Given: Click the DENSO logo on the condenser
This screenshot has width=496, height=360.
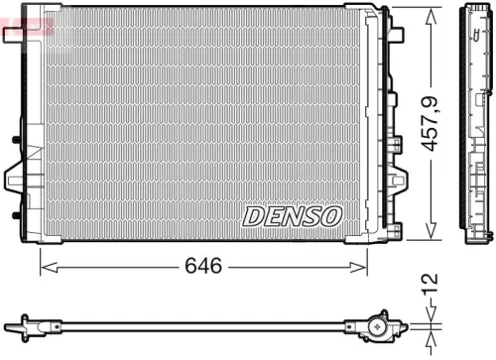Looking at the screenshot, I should pyautogui.click(x=293, y=215).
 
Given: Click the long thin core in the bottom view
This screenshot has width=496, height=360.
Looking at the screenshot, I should pyautogui.click(x=198, y=324).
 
